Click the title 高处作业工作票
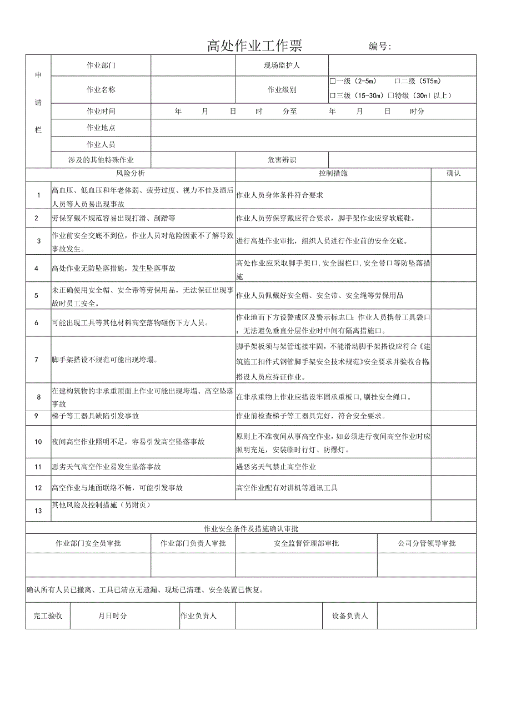point(255,46)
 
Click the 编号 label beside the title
point(380,47)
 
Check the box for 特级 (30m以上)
point(391,95)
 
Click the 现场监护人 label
point(282,65)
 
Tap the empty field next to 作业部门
point(193,65)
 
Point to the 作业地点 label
point(101,128)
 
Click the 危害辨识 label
point(282,160)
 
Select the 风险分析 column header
point(130,173)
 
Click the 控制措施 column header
point(333,173)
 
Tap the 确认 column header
point(453,173)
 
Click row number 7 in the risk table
point(38,360)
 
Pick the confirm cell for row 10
point(453,442)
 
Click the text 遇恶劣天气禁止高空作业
point(276,467)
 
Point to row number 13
point(38,511)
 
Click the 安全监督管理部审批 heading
point(306,543)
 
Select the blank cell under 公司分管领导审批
point(427,565)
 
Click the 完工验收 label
point(48,615)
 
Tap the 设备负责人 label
point(350,615)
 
